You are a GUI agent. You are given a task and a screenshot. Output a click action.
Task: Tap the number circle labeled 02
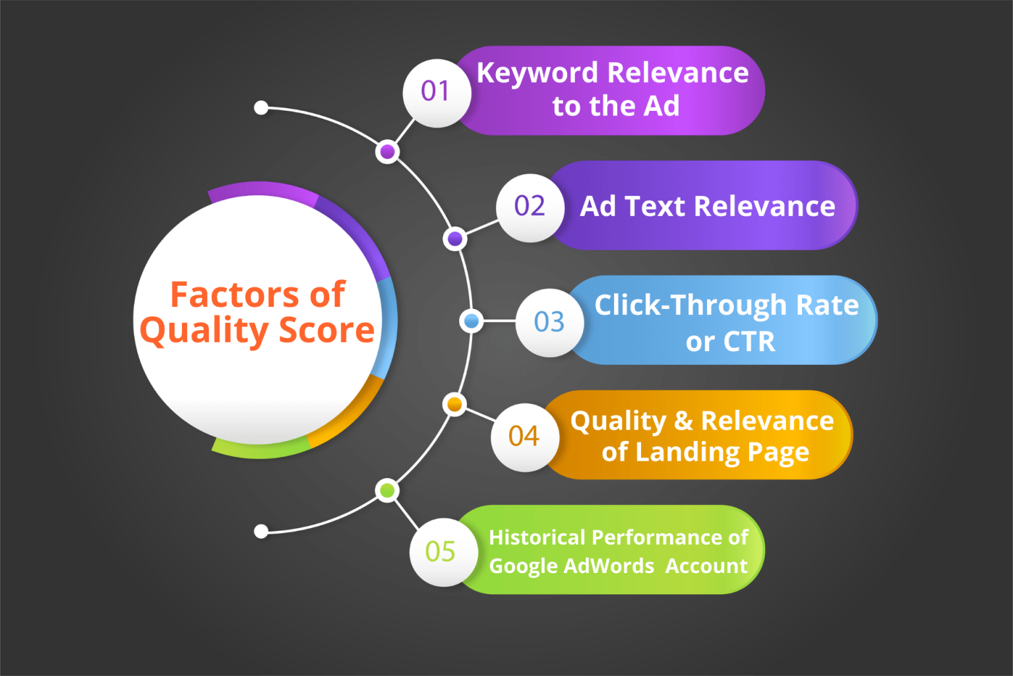pyautogui.click(x=530, y=207)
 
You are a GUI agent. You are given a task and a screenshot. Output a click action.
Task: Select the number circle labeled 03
pyautogui.click(x=549, y=322)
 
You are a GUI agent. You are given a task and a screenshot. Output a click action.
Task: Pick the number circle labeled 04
pyautogui.click(x=524, y=437)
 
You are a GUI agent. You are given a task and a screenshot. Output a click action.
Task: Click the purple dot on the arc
pyautogui.click(x=388, y=152)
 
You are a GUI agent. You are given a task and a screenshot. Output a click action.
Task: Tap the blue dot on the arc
pyautogui.click(x=472, y=321)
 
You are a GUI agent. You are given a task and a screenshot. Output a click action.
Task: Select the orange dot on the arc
pyautogui.click(x=454, y=404)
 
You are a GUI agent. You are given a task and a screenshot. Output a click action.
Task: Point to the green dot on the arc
pyautogui.click(x=387, y=490)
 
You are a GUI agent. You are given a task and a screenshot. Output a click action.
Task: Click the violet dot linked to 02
pyautogui.click(x=455, y=238)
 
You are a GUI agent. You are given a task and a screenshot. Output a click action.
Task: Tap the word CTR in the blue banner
pyautogui.click(x=749, y=342)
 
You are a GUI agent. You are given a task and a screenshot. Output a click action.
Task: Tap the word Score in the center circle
pyautogui.click(x=326, y=330)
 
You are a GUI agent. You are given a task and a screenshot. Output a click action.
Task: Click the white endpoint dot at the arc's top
pyautogui.click(x=261, y=108)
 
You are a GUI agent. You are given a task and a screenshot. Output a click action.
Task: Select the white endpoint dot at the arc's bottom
pyautogui.click(x=261, y=531)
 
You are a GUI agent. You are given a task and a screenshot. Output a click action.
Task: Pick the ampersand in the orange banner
pyautogui.click(x=683, y=421)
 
